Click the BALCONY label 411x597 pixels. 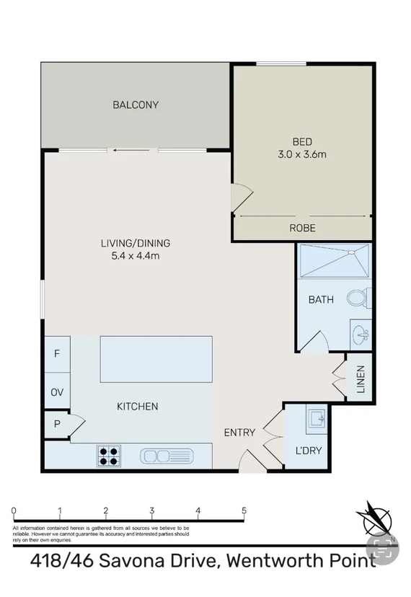coord(136,105)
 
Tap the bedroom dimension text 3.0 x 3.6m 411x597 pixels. coord(303,154)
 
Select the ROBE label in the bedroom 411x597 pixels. coord(303,228)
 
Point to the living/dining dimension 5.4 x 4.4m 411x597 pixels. coord(136,255)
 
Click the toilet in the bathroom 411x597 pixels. coord(358,297)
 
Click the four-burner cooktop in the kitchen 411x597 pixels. coord(109,455)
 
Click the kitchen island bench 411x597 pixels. coord(156,359)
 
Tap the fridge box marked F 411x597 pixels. coord(57,354)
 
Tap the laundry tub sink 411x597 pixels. coord(315,417)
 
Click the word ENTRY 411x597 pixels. coord(239,433)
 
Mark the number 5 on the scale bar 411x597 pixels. coord(244,511)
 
